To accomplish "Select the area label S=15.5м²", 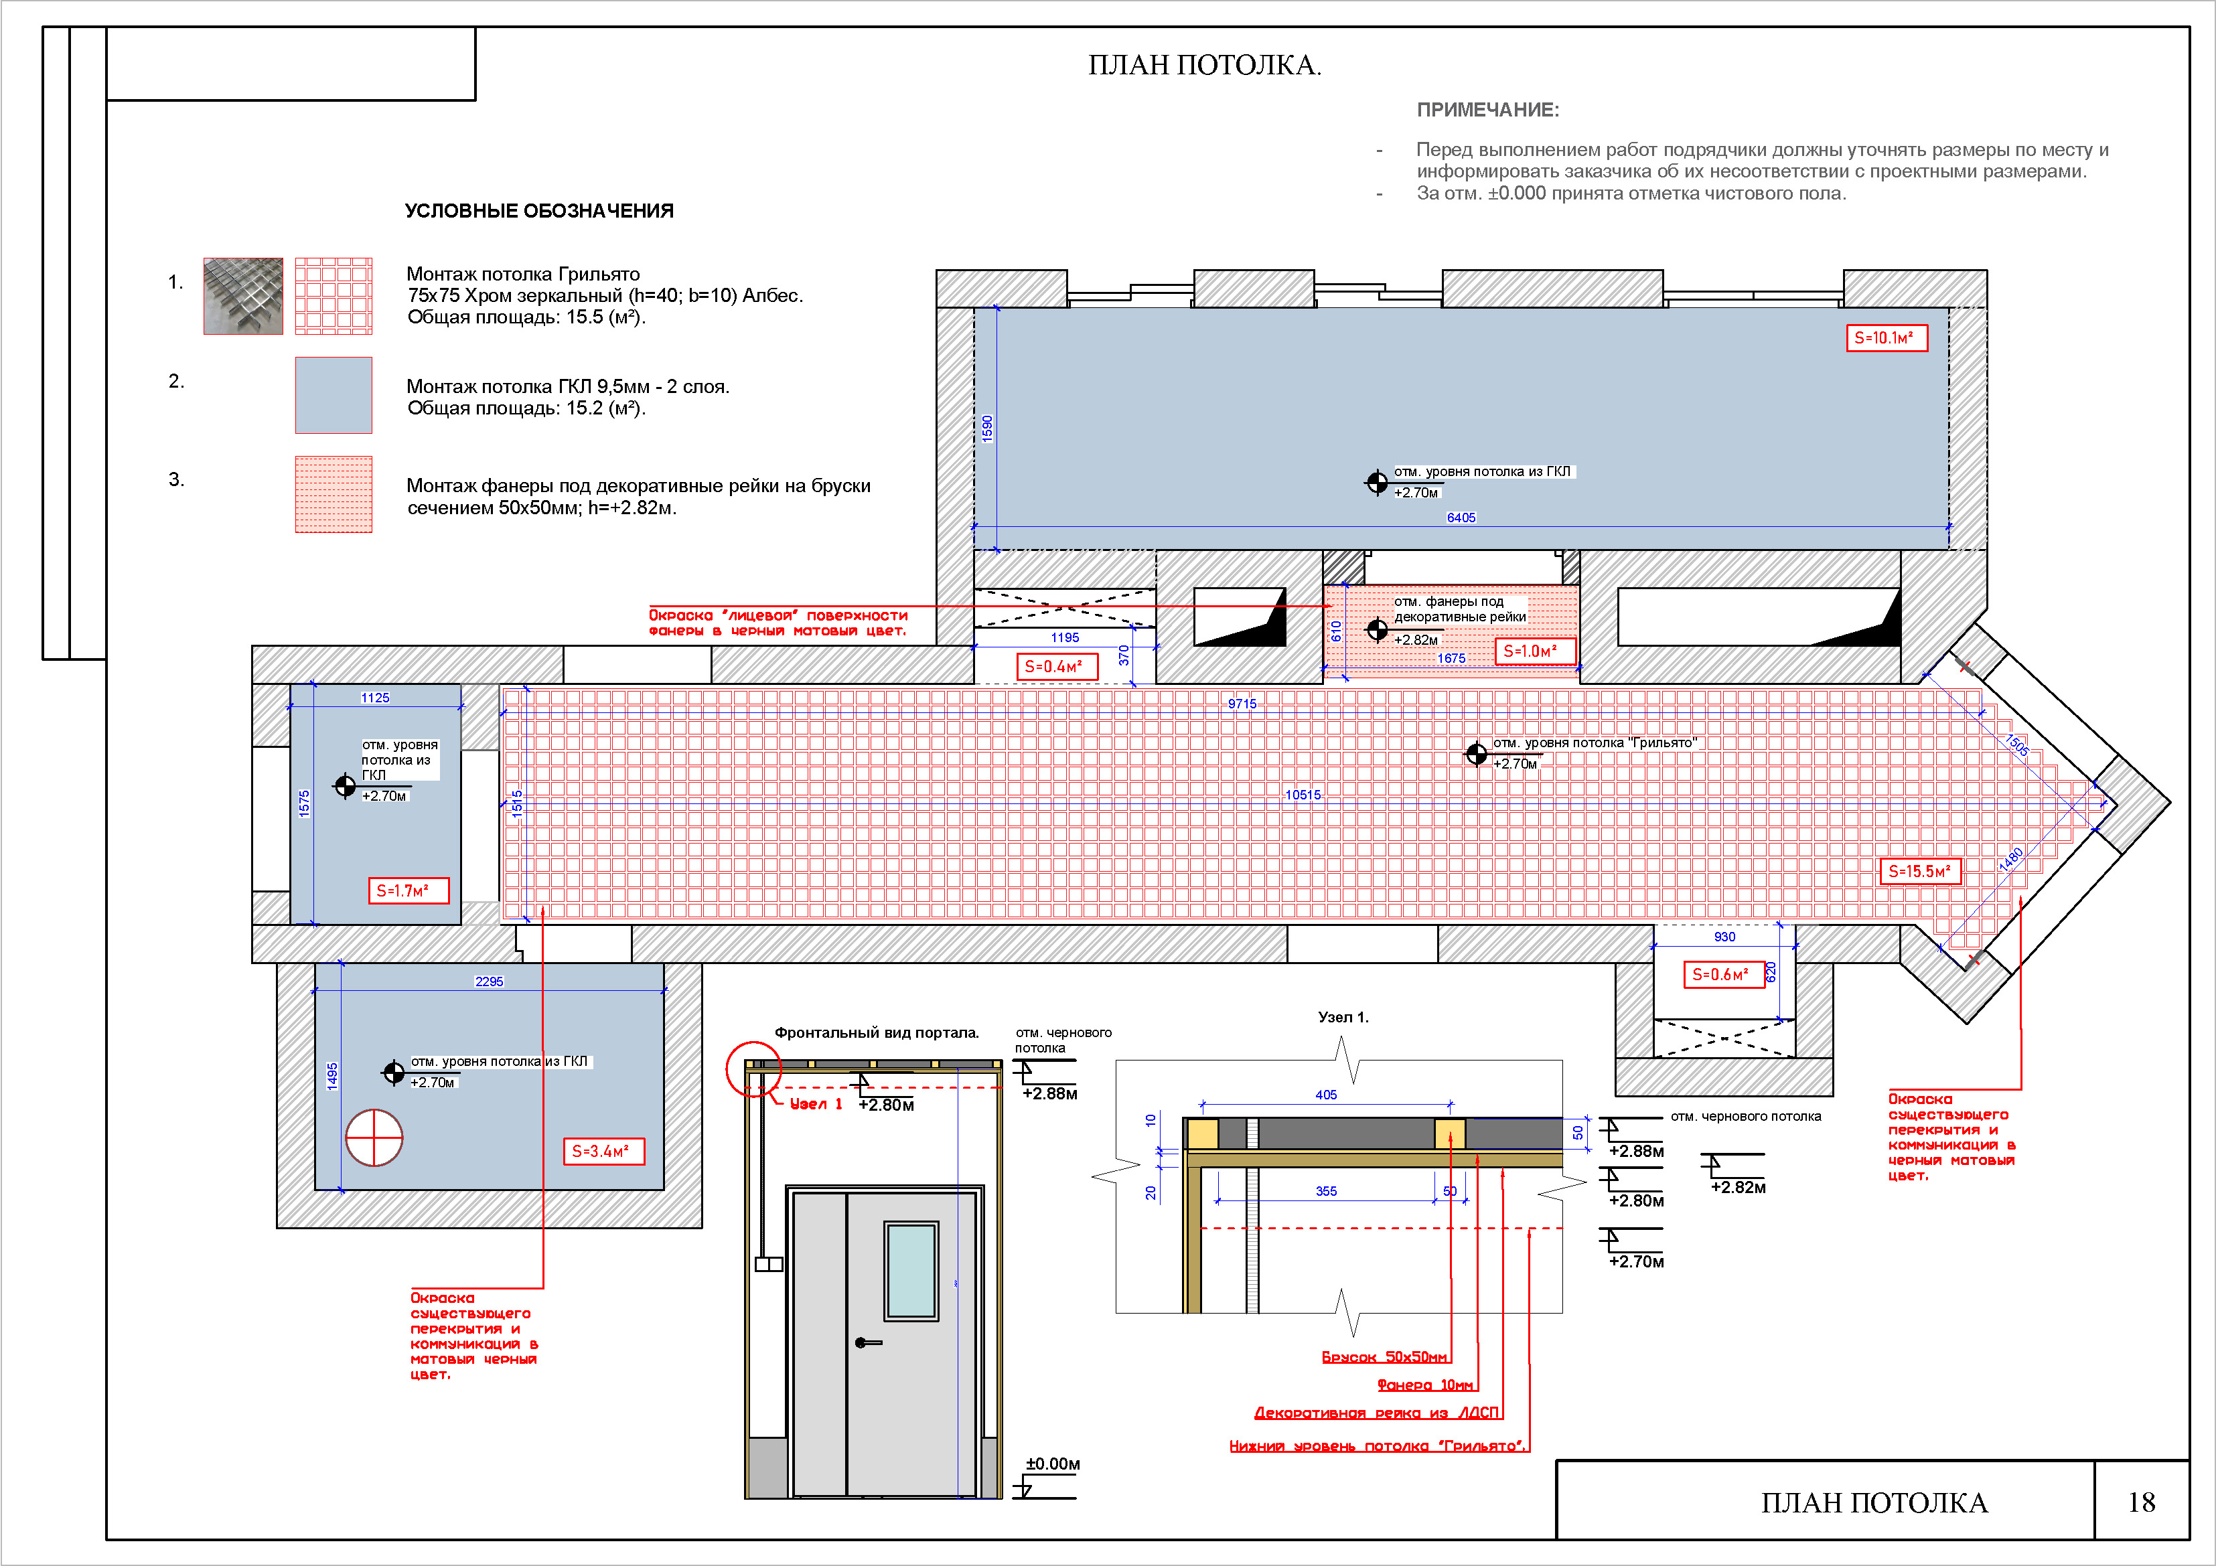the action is pyautogui.click(x=1921, y=871).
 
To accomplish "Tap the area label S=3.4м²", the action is pyautogui.click(x=603, y=1151).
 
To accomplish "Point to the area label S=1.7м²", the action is pyautogui.click(x=409, y=890).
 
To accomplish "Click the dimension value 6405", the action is pyautogui.click(x=1461, y=517).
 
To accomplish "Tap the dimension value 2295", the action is pyautogui.click(x=490, y=982).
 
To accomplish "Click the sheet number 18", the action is pyautogui.click(x=2141, y=1502).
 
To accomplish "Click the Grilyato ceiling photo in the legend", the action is pyautogui.click(x=243, y=296).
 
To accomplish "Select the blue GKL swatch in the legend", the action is pyautogui.click(x=334, y=396).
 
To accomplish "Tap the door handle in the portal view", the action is pyautogui.click(x=867, y=1342).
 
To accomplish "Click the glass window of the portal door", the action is pyautogui.click(x=911, y=1270).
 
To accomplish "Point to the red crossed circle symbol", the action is pyautogui.click(x=374, y=1138).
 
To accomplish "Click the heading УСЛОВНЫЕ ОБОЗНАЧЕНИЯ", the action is pyautogui.click(x=538, y=210).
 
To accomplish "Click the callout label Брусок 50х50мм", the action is pyautogui.click(x=1385, y=1356).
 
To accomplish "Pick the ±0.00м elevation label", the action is pyautogui.click(x=1052, y=1464).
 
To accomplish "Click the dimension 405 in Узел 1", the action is pyautogui.click(x=1326, y=1095).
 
